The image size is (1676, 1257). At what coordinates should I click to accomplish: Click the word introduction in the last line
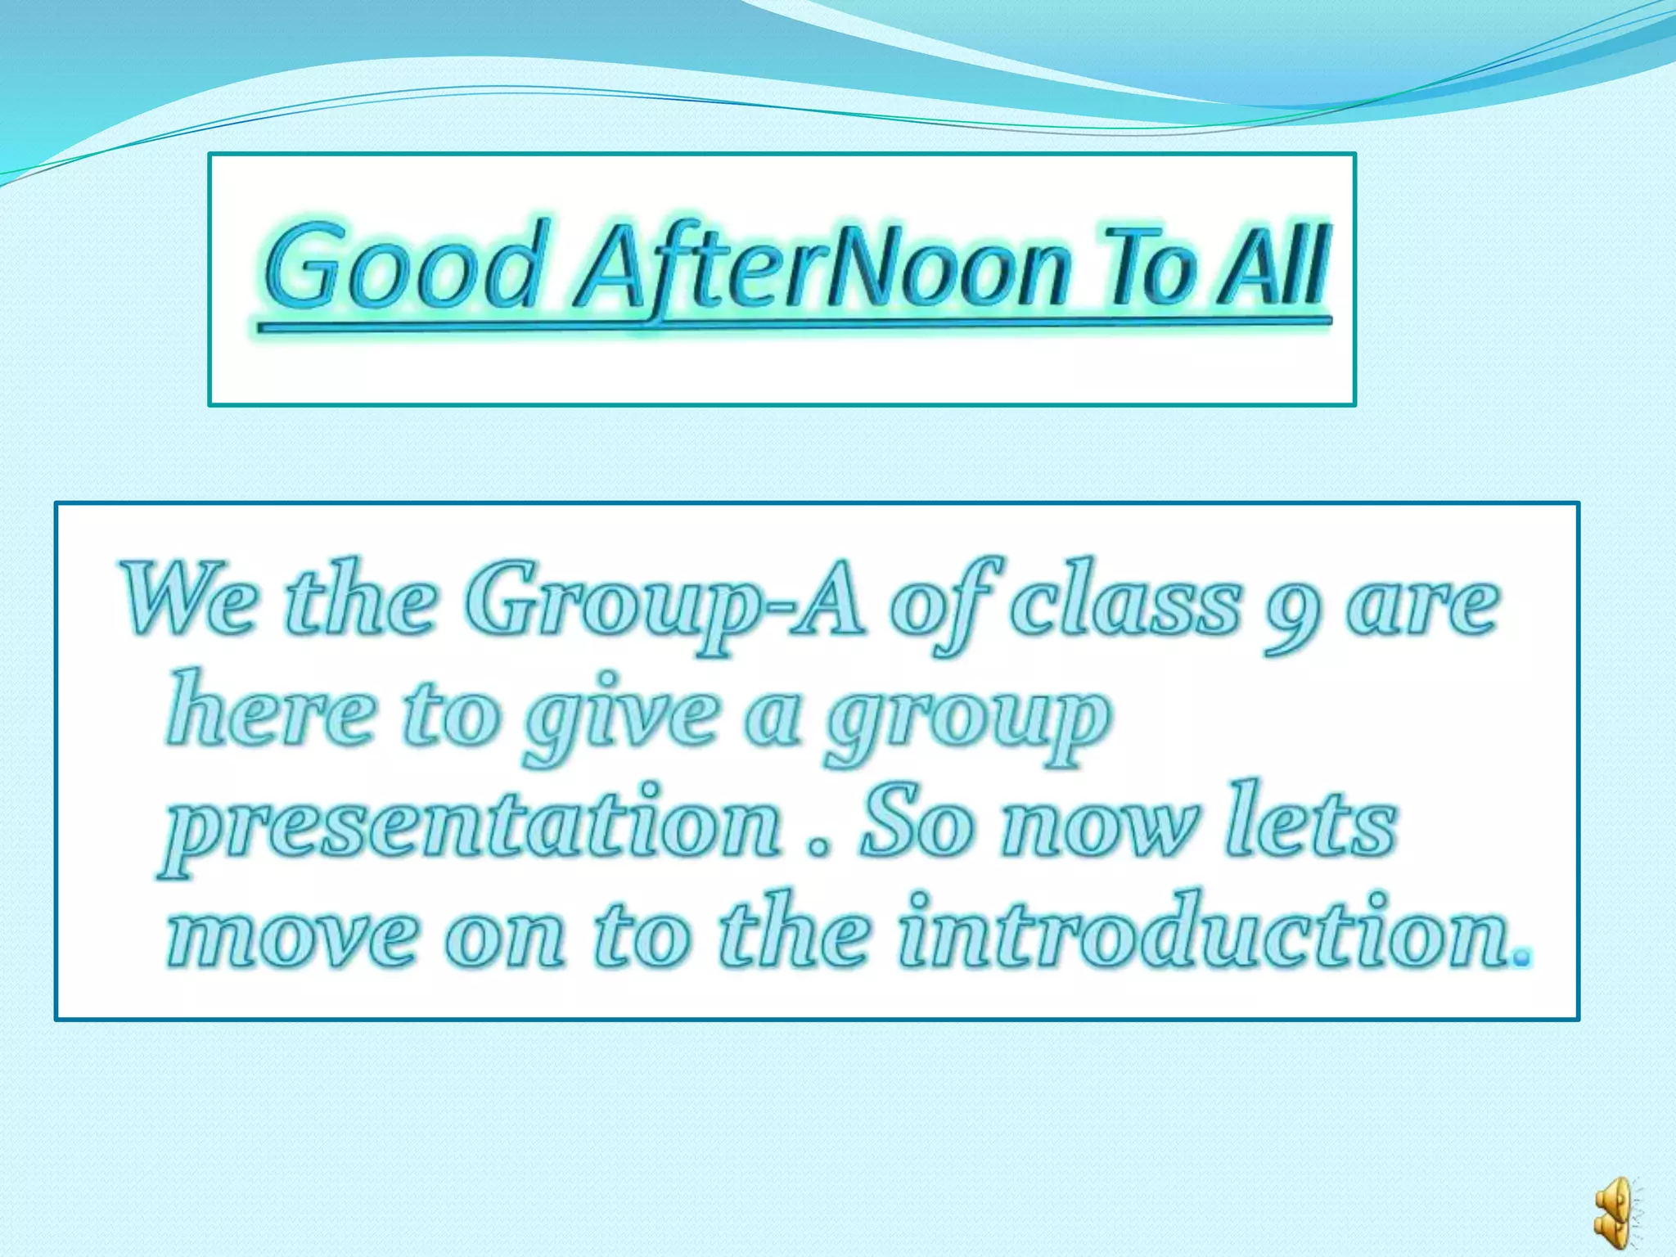point(1203,933)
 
